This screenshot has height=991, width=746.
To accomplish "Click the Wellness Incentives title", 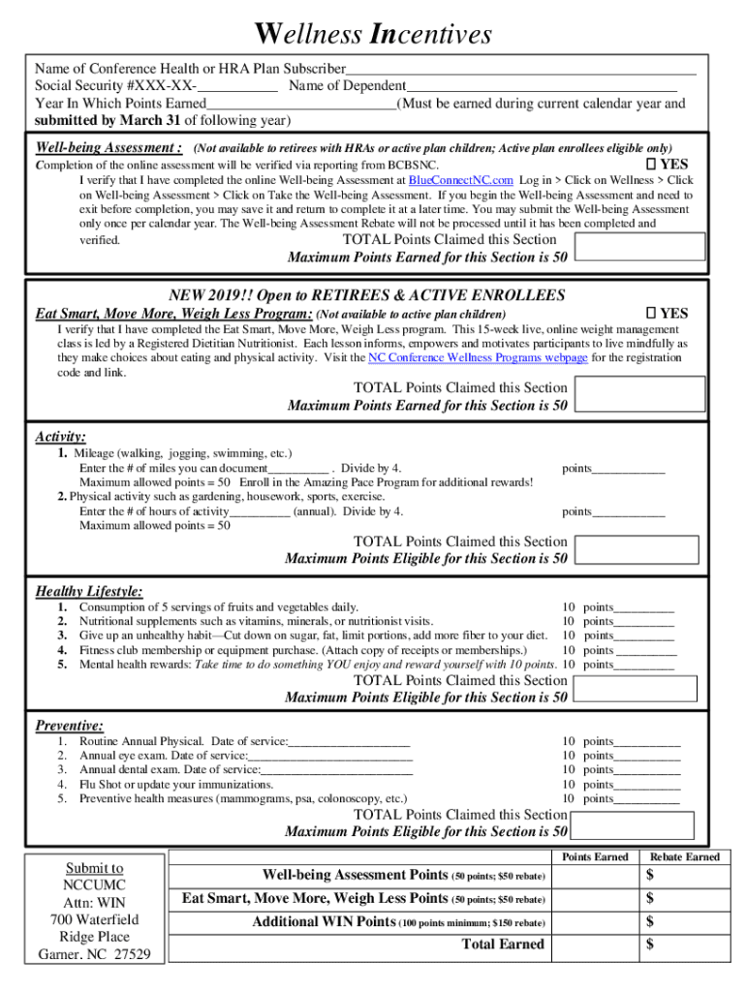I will (x=373, y=36).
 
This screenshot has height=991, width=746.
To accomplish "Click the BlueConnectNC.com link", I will (x=460, y=180).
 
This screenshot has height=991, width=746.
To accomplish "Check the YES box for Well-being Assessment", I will (x=652, y=165).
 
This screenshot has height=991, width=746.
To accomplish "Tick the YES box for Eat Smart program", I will (x=652, y=314).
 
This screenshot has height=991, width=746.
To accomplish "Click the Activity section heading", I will (x=61, y=437).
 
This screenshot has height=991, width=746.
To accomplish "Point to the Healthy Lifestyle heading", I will (x=89, y=591).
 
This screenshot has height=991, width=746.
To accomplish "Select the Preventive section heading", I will (x=70, y=726).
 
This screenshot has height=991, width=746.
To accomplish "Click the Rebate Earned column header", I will (x=684, y=856).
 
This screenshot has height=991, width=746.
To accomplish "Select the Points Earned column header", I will (x=595, y=856).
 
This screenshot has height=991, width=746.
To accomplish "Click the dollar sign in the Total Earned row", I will (x=650, y=944).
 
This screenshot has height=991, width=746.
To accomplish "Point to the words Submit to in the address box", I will (x=94, y=868).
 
